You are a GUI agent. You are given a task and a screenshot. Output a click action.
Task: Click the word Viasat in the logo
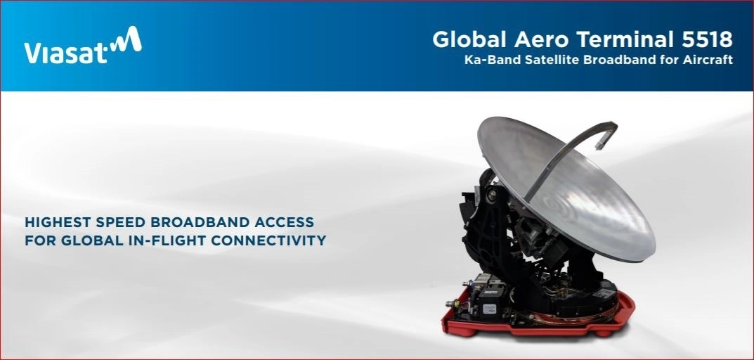pos(65,52)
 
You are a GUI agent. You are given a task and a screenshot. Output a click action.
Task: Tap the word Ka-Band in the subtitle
pos(492,60)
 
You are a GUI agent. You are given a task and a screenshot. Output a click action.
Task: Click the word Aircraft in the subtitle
pos(708,60)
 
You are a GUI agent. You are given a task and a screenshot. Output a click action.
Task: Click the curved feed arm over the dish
pos(562,151)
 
